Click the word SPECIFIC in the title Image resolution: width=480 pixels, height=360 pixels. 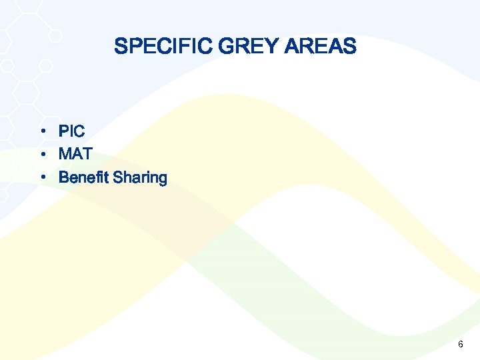(155, 47)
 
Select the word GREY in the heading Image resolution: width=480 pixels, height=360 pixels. (240, 47)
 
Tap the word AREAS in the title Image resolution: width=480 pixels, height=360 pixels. (320, 47)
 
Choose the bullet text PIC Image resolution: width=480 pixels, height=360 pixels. (72, 131)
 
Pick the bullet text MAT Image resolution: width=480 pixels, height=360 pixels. (75, 154)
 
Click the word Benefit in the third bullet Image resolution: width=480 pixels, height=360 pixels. (84, 177)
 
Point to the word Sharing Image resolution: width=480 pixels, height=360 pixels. (140, 178)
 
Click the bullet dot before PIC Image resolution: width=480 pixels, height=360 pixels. (42, 131)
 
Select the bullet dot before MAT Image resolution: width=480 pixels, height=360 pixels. (42, 155)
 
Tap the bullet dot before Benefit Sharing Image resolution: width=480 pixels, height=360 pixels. (42, 178)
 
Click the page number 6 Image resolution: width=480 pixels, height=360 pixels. (460, 344)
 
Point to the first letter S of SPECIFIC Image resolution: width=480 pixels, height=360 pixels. (120, 47)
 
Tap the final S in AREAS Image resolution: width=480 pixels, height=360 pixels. (350, 47)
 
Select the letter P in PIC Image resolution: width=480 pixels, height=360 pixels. (64, 131)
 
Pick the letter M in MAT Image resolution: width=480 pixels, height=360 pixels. (65, 154)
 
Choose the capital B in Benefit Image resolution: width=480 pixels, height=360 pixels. (64, 177)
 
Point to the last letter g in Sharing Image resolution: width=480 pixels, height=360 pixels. (162, 179)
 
